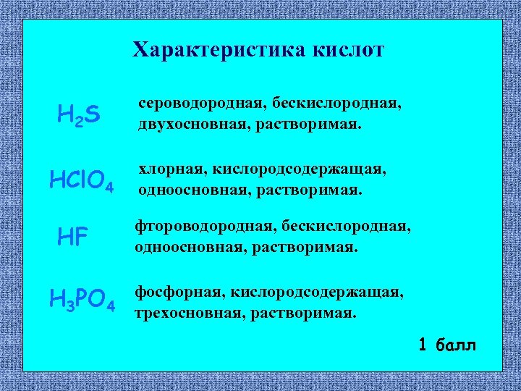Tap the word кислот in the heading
(349, 50)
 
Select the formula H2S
(79, 114)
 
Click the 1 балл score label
(447, 343)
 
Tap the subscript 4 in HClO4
(109, 190)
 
